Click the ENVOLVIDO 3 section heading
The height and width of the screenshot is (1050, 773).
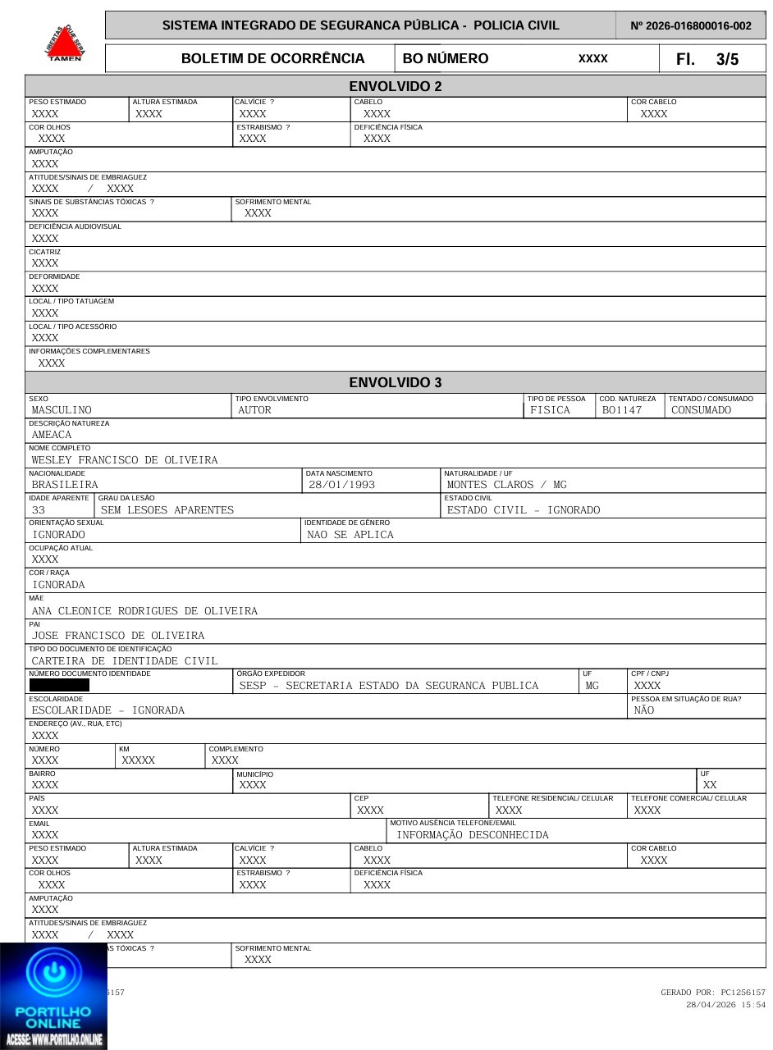(395, 382)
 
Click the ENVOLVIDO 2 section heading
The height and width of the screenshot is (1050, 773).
(395, 86)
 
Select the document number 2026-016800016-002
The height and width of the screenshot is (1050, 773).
(691, 25)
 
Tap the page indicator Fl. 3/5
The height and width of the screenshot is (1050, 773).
(707, 59)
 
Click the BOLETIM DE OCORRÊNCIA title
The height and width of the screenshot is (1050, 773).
(272, 59)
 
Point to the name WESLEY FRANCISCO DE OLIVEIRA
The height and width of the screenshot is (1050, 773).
(125, 460)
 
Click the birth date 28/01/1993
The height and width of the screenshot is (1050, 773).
(341, 485)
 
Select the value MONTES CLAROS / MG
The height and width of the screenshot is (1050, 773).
(506, 485)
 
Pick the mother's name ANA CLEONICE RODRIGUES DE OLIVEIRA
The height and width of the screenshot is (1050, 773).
(144, 611)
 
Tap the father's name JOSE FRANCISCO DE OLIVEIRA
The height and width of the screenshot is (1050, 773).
(118, 636)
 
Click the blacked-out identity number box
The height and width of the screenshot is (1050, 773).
(59, 685)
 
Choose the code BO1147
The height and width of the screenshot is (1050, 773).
(622, 410)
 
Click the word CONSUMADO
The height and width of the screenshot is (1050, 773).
(701, 410)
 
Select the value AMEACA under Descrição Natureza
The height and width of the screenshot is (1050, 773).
(52, 435)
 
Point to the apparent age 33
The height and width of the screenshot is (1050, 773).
(39, 510)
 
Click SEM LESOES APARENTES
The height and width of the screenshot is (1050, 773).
(167, 510)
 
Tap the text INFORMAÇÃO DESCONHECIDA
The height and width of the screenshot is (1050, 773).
(473, 835)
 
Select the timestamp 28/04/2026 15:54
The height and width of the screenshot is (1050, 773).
(725, 1005)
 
